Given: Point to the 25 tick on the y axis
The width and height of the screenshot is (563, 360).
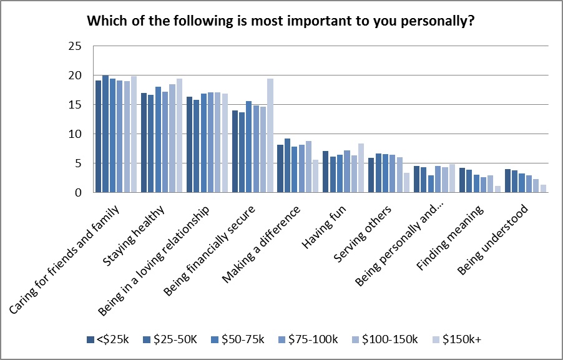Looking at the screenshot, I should point(74,46).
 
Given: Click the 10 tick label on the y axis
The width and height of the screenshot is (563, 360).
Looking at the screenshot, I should point(74,134).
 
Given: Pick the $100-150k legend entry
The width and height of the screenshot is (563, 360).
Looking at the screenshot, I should point(391,339).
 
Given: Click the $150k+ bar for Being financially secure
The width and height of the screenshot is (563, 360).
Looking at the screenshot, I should point(270,135).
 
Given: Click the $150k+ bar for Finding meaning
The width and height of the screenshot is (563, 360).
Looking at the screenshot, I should point(497,189).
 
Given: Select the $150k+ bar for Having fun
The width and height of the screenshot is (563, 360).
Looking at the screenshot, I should point(361,168).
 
